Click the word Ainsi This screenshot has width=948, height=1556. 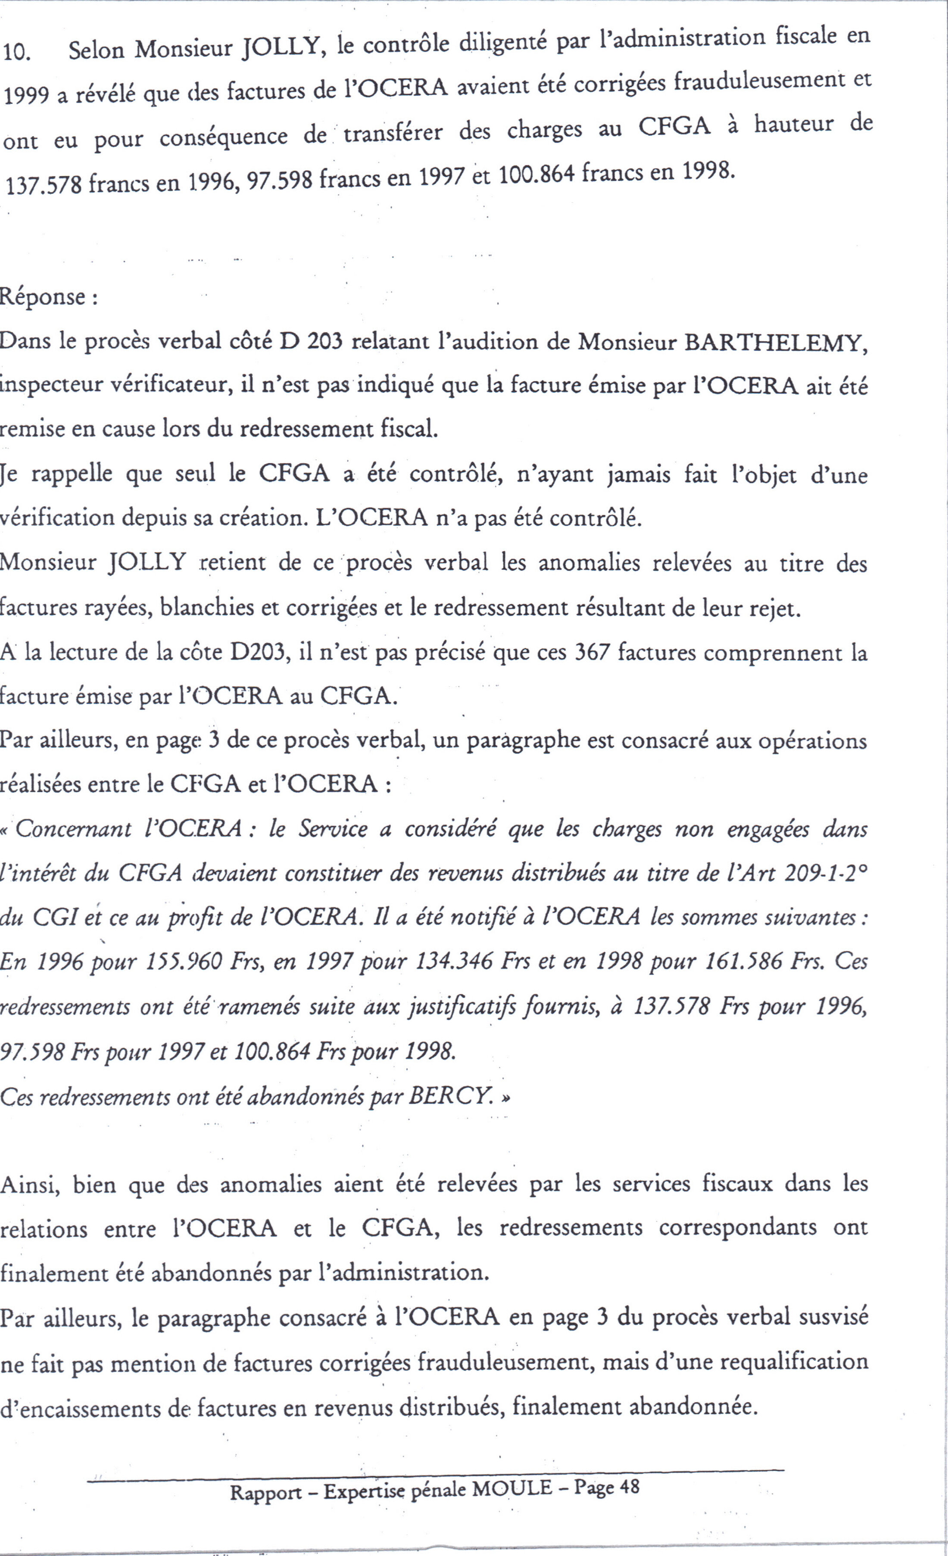point(30,1184)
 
